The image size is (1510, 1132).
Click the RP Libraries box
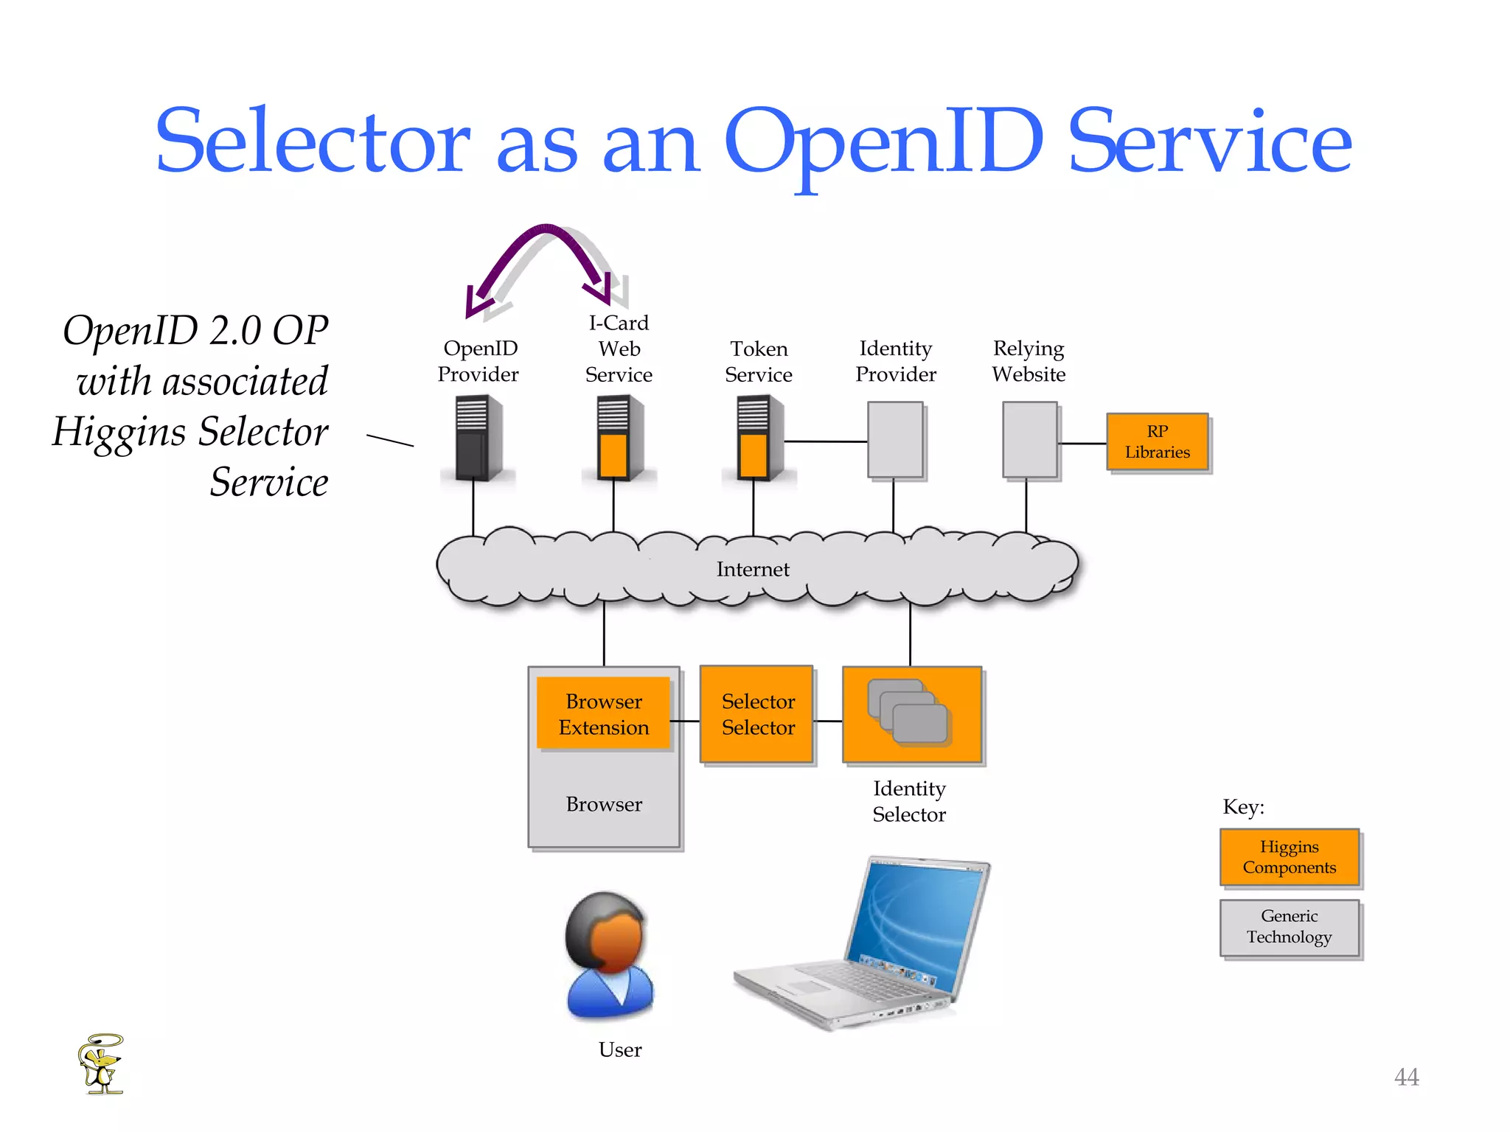(x=1157, y=441)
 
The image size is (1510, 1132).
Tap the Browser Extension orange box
(x=603, y=713)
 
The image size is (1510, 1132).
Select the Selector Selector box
(x=757, y=713)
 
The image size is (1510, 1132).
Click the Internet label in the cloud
(x=752, y=569)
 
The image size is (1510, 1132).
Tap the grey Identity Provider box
(x=895, y=440)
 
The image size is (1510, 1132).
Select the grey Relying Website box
(x=1029, y=440)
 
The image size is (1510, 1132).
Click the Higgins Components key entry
(x=1289, y=856)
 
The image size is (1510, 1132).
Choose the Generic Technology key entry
(x=1289, y=926)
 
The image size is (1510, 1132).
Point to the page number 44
(x=1406, y=1077)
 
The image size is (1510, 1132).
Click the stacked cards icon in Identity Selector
(x=908, y=711)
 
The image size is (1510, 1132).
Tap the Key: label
(x=1243, y=807)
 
